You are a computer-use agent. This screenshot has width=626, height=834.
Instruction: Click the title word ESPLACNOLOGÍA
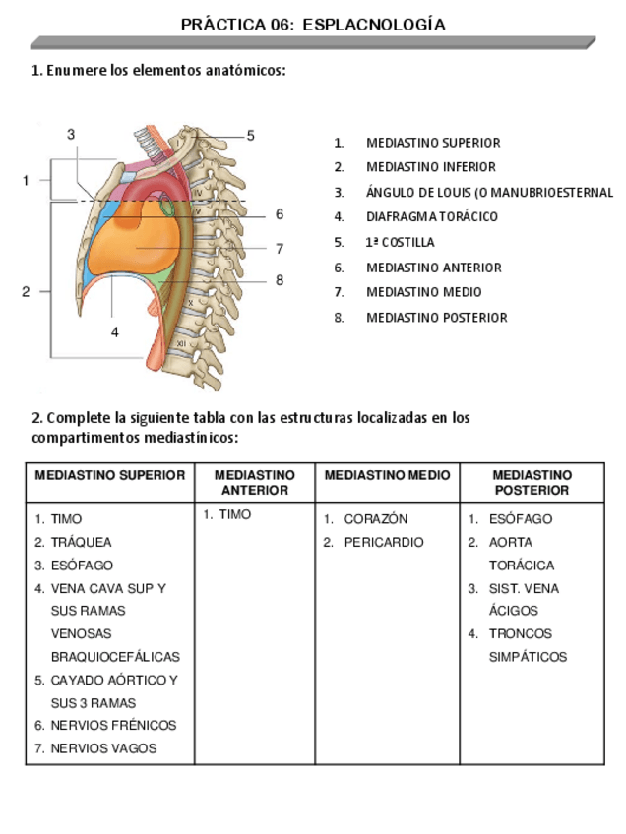tap(374, 25)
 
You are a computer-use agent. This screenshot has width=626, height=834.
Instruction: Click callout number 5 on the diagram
tap(251, 136)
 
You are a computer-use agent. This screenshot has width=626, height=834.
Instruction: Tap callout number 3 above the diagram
tap(71, 134)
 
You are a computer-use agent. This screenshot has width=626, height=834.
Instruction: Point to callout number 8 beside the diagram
tap(280, 280)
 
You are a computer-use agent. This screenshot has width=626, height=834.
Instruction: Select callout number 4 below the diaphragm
tap(115, 332)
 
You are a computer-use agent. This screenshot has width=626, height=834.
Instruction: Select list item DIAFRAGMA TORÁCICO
tap(432, 217)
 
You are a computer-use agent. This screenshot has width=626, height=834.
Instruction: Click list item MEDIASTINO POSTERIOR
tap(437, 318)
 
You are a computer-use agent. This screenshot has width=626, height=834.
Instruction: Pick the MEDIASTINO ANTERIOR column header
tap(255, 482)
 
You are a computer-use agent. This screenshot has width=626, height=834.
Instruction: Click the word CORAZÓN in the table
tap(376, 519)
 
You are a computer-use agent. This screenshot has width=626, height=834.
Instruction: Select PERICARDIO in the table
tap(384, 542)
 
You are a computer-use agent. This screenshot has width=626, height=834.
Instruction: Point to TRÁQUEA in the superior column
tap(82, 542)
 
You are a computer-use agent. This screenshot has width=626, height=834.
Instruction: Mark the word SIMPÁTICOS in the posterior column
tap(529, 657)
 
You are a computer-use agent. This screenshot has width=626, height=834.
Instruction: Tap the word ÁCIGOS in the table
tap(514, 611)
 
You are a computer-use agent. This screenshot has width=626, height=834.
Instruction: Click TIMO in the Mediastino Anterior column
tap(235, 514)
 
